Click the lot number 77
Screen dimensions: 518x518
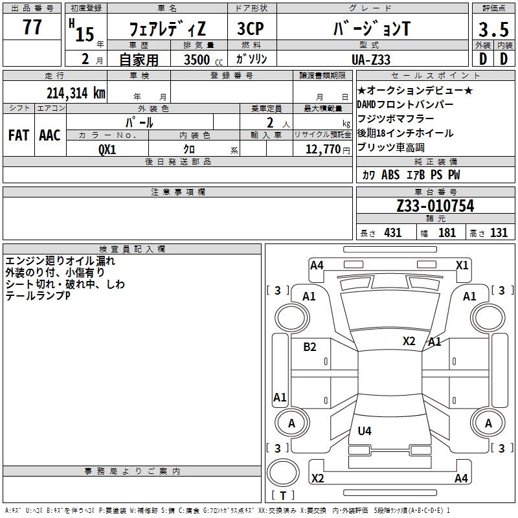click(x=32, y=27)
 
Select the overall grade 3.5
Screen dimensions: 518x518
click(x=493, y=29)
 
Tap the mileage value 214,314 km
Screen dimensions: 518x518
click(x=76, y=93)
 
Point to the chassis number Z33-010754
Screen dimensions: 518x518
click(x=435, y=205)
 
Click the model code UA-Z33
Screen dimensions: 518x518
click(x=371, y=60)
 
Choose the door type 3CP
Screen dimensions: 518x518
click(x=251, y=28)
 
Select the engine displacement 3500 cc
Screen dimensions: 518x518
click(x=203, y=60)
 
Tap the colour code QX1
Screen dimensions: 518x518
click(x=107, y=150)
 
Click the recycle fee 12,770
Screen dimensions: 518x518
click(x=322, y=150)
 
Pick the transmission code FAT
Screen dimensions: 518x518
click(x=19, y=135)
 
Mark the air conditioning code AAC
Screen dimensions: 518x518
click(x=50, y=135)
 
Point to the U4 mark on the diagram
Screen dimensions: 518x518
click(x=365, y=431)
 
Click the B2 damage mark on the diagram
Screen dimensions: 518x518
click(x=310, y=346)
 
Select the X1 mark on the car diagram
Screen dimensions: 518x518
click(x=462, y=265)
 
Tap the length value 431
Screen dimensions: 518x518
click(x=393, y=233)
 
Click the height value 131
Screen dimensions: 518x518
click(x=499, y=233)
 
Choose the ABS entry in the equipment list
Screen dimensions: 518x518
click(x=390, y=175)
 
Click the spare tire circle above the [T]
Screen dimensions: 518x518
click(x=283, y=472)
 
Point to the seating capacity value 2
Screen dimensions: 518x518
click(x=270, y=122)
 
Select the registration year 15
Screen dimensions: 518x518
click(x=85, y=34)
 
